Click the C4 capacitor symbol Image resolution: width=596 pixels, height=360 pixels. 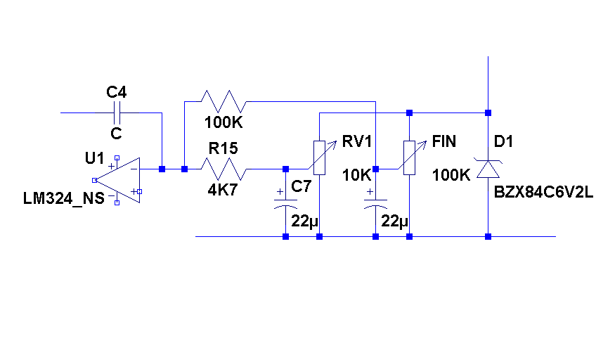click(x=117, y=112)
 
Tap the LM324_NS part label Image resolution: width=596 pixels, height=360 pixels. click(x=63, y=199)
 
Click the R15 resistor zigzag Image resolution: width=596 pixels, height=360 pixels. click(x=223, y=169)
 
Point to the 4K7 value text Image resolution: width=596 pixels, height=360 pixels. click(x=222, y=189)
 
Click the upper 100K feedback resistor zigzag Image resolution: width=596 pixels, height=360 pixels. click(x=223, y=101)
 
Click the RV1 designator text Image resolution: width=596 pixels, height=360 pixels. click(x=358, y=141)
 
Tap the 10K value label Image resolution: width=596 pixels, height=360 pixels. click(x=356, y=175)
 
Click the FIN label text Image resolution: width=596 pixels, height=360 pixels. click(x=444, y=141)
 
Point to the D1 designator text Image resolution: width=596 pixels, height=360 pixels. click(x=504, y=141)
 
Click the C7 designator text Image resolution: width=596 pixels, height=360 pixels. click(x=301, y=186)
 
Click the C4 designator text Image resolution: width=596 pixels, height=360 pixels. click(x=117, y=92)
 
